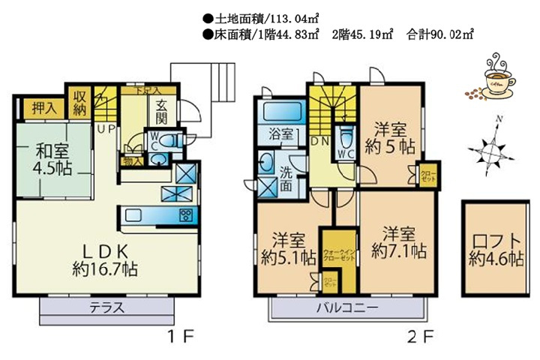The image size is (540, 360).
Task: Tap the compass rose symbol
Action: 490,149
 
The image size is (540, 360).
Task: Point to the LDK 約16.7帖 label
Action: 104,259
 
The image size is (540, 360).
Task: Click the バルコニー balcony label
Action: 346,308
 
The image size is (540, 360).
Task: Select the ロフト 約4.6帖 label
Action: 495,250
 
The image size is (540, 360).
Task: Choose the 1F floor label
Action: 182,336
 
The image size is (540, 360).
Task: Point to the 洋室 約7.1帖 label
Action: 397,240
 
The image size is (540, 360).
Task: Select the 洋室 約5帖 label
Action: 389,138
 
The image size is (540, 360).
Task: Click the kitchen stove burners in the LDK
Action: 185,217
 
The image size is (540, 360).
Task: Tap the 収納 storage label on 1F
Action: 79,103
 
